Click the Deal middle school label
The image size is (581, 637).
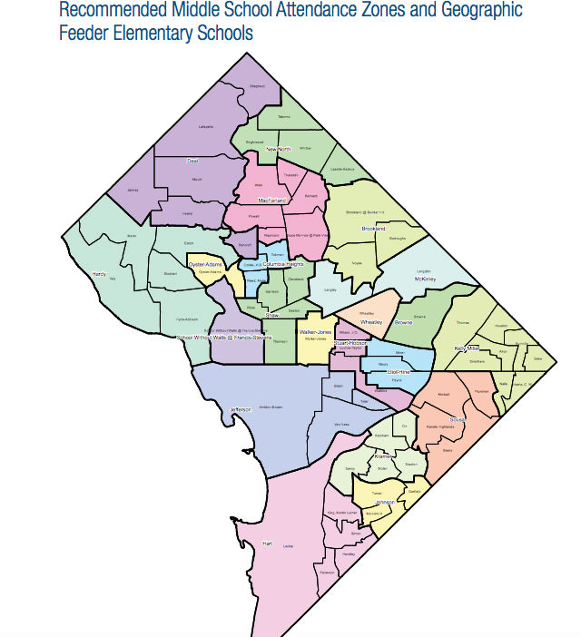point(192,162)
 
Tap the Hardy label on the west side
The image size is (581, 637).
point(99,271)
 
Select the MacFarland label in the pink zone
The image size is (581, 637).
point(271,200)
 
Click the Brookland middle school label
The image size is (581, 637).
point(374,229)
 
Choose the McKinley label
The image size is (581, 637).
point(424,279)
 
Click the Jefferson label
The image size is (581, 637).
point(241,409)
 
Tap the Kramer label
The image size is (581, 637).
point(382,456)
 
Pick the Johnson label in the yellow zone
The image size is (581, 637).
point(384,502)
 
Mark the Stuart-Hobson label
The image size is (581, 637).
point(350,343)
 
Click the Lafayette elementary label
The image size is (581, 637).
point(206,126)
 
